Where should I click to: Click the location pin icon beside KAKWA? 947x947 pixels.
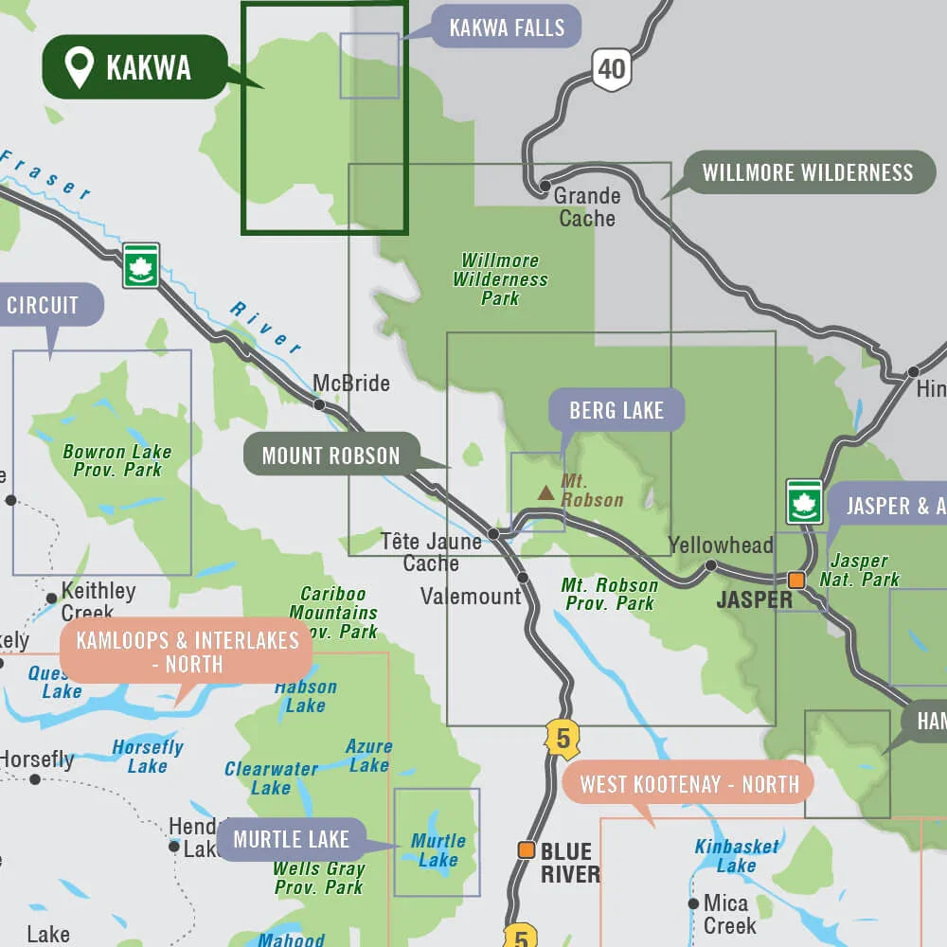[79, 68]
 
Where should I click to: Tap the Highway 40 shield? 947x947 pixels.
[612, 69]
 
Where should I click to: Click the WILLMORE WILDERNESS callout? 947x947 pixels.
[808, 172]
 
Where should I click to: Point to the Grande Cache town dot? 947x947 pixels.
[545, 187]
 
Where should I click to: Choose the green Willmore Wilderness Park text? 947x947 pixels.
[500, 279]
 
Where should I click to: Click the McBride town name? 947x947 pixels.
[351, 384]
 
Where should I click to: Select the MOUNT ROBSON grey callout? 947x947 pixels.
[331, 456]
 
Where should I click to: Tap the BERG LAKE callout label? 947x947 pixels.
[616, 410]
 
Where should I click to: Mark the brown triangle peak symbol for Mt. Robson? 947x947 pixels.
[546, 492]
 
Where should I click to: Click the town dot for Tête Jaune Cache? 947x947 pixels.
[493, 534]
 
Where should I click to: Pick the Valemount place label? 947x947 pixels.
[472, 597]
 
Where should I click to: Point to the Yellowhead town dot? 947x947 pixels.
[710, 565]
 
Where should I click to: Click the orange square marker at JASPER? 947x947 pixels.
[797, 580]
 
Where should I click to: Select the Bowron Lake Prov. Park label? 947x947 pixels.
[116, 460]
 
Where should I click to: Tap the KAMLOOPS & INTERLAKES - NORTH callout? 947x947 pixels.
[188, 652]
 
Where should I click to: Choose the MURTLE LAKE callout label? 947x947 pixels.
[291, 839]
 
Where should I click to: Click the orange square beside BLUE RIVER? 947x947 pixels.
[526, 849]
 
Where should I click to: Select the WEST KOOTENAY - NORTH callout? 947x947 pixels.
[689, 783]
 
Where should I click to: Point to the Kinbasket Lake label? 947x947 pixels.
[737, 856]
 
